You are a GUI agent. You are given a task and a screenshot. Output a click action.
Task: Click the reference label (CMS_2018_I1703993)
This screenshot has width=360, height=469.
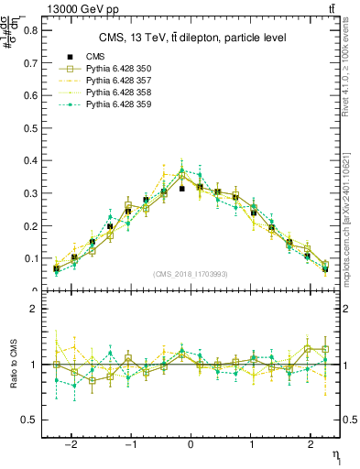[191, 274]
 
